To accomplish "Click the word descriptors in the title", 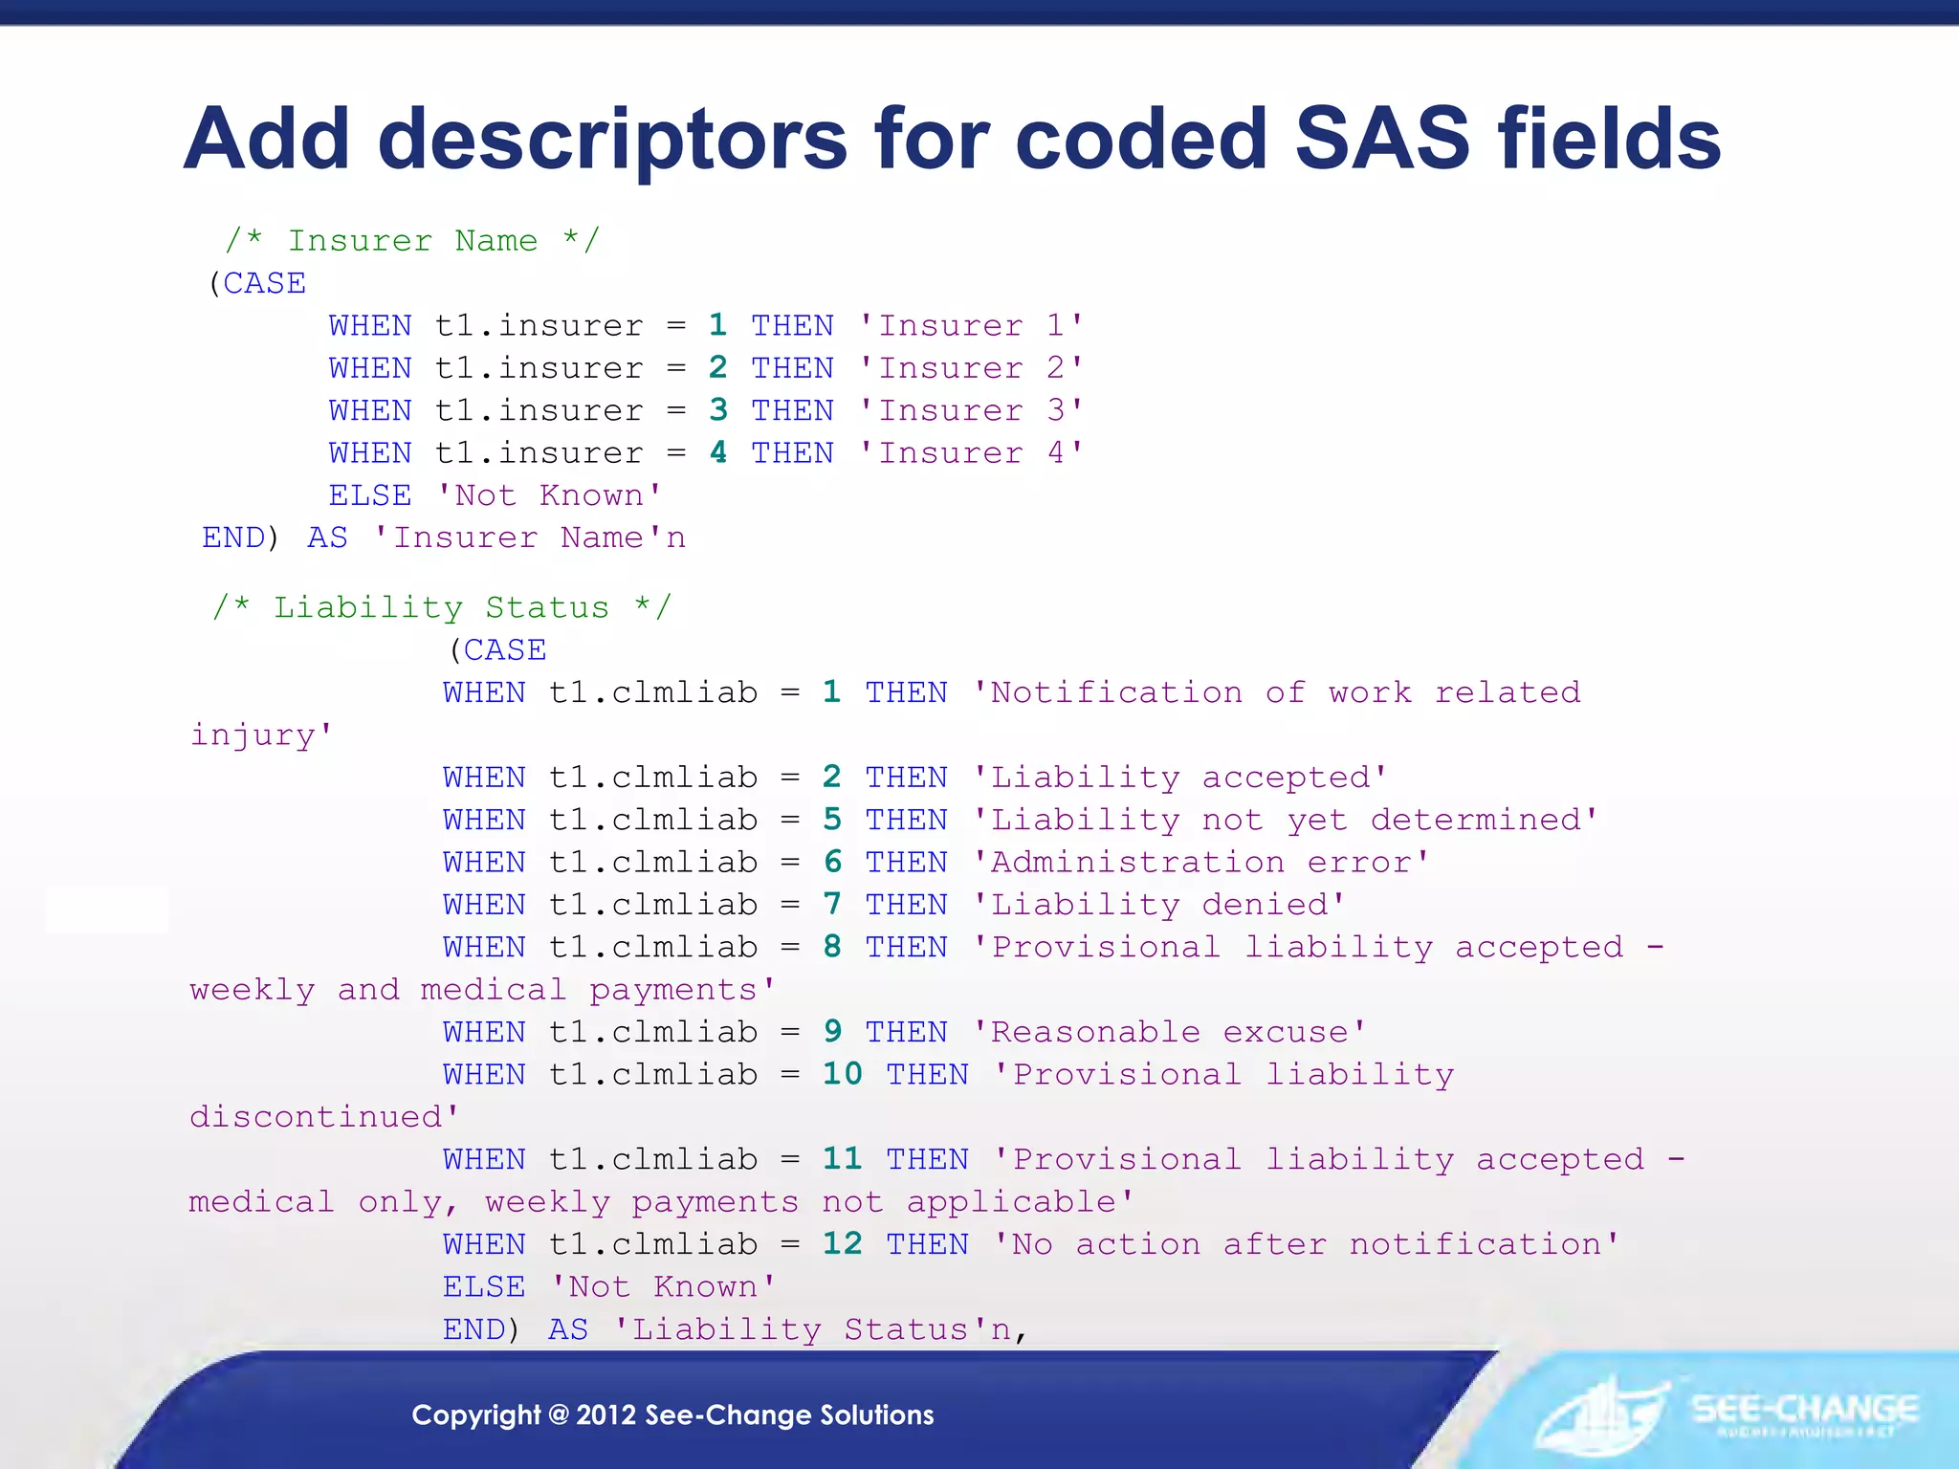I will click(612, 139).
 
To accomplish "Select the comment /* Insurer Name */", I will click(412, 240).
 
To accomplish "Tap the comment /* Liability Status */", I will click(442, 607).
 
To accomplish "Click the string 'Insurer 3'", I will click(971, 410).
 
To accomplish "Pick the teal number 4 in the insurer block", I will click(718, 452).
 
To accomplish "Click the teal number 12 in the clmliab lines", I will click(842, 1244).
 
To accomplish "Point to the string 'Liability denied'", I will click(1159, 905).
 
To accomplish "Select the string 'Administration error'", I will click(1200, 863).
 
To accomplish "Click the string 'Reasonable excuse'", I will click(1170, 1032).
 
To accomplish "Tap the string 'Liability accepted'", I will click(1179, 778).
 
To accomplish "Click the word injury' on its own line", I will click(261, 735).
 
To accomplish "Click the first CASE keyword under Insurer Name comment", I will click(264, 283).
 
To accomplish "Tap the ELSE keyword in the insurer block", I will click(370, 495).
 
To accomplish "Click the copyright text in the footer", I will click(672, 1414).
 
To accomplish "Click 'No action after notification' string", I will click(1307, 1244).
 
